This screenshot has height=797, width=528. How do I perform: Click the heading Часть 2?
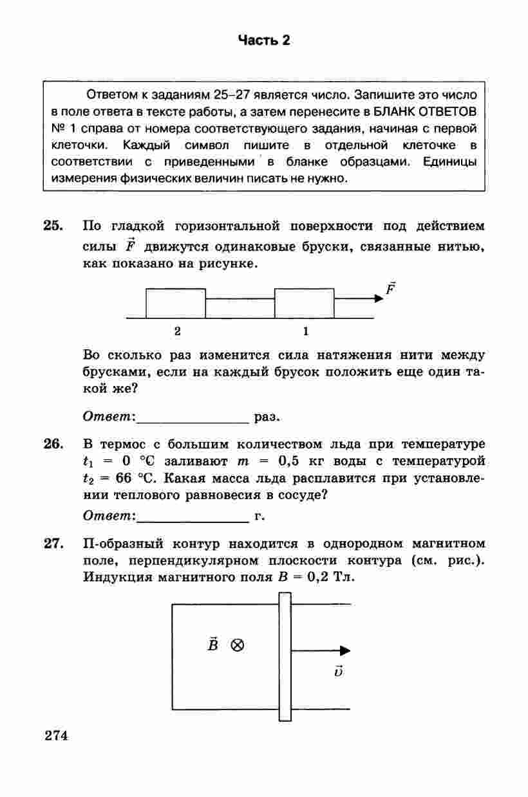pyautogui.click(x=264, y=41)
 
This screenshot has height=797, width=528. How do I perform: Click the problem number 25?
pyautogui.click(x=53, y=226)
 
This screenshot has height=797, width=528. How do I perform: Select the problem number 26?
pyautogui.click(x=53, y=444)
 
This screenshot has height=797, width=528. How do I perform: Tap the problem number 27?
pyautogui.click(x=53, y=544)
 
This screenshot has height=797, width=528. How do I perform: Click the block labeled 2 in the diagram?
pyautogui.click(x=176, y=304)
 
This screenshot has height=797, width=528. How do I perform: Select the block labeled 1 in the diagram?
pyautogui.click(x=305, y=304)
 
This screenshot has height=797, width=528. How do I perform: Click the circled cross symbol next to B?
pyautogui.click(x=238, y=645)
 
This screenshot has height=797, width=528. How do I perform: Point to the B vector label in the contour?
pyautogui.click(x=212, y=644)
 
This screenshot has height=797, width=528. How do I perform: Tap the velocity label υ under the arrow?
pyautogui.click(x=339, y=672)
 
